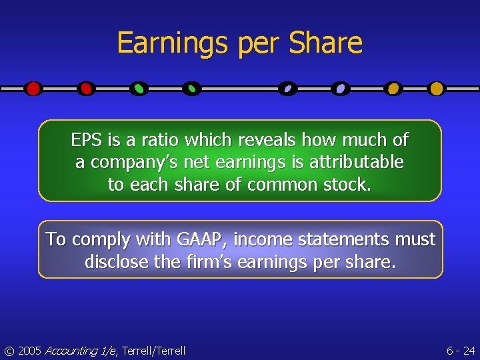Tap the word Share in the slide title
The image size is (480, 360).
(x=326, y=43)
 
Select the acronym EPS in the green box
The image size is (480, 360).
(x=87, y=140)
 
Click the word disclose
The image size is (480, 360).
(x=117, y=262)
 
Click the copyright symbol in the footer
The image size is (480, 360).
(x=9, y=351)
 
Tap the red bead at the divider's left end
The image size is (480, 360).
(x=33, y=88)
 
